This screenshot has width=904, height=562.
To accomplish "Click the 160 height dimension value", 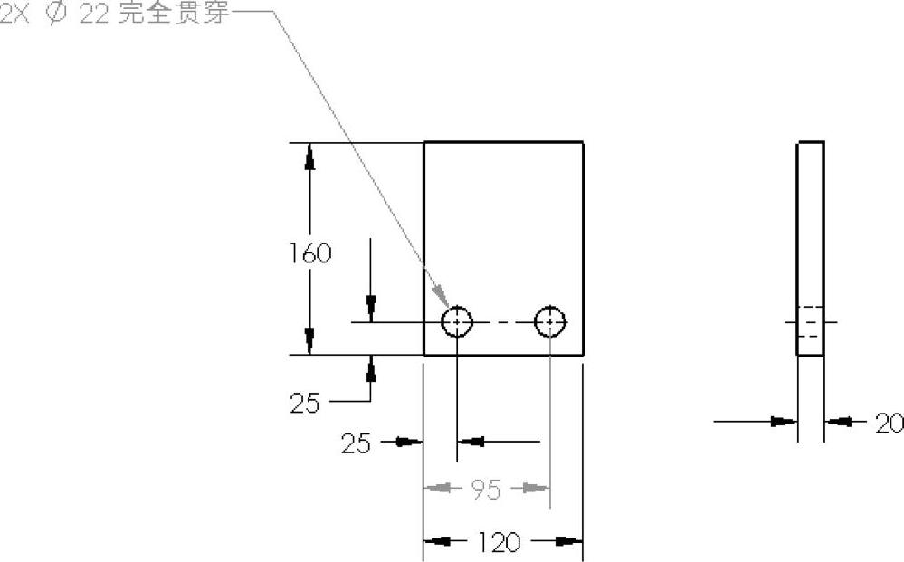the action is [x=310, y=252].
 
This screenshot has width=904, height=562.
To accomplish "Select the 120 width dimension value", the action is [x=499, y=542].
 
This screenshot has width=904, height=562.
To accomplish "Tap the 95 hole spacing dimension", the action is [x=486, y=490].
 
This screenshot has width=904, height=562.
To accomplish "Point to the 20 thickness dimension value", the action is [x=889, y=423].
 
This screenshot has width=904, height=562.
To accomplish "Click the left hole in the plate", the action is [x=457, y=321].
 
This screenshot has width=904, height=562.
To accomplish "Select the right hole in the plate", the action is [x=550, y=321].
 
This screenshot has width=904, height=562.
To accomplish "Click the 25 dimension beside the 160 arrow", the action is [x=305, y=403].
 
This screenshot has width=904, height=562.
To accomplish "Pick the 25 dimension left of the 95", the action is [x=356, y=443].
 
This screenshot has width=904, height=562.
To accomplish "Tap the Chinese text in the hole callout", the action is [x=173, y=15].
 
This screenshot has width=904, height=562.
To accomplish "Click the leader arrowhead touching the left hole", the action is [x=440, y=297].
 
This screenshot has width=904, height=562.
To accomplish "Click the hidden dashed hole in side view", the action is [x=810, y=322].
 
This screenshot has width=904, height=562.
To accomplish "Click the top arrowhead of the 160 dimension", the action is [x=310, y=157].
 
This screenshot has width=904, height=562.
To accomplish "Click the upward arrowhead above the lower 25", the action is [x=371, y=367].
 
